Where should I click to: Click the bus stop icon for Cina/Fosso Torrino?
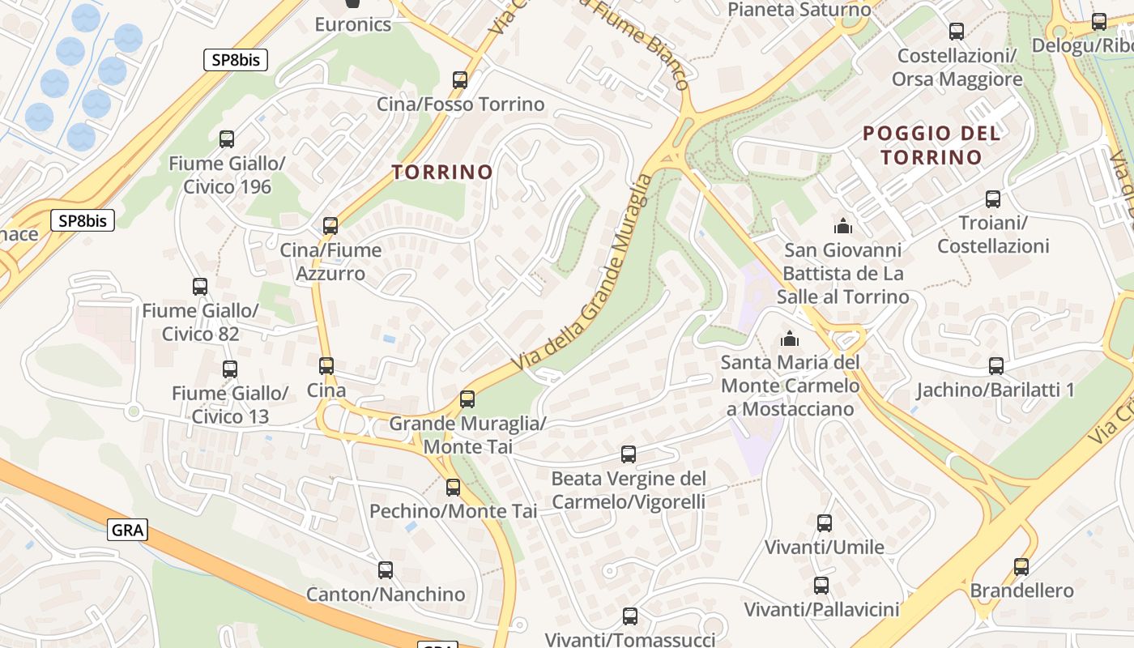point(460,79)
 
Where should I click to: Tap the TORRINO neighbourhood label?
point(442,172)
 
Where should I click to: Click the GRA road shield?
point(127,531)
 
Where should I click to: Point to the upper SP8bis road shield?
point(235,59)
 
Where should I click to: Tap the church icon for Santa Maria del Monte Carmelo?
point(789,338)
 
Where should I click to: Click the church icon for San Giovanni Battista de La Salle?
point(842,225)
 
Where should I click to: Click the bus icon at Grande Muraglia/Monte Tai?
point(467,399)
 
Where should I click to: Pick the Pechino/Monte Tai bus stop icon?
point(453,487)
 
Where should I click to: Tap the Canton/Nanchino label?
point(386,594)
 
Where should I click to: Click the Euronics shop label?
point(354,23)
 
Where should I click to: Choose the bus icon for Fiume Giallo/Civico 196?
point(227,139)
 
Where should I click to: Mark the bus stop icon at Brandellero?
point(1021,566)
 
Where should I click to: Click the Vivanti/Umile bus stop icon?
point(825,522)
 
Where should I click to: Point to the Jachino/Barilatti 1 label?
point(995,390)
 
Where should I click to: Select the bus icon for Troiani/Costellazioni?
point(992,198)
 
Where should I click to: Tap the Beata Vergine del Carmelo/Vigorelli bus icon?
point(629,454)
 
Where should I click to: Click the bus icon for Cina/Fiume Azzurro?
point(330,225)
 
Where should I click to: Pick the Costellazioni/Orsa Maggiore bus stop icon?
point(957,32)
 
